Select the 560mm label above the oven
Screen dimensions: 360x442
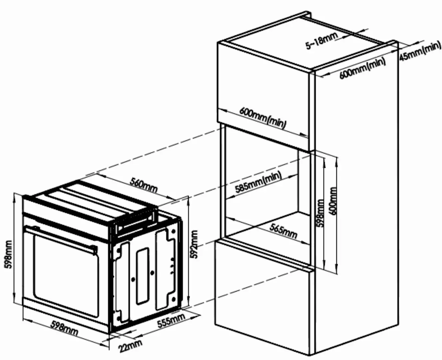click(143, 186)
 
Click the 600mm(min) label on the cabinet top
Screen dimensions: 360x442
click(362, 68)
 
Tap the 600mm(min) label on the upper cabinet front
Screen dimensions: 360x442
click(263, 117)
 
